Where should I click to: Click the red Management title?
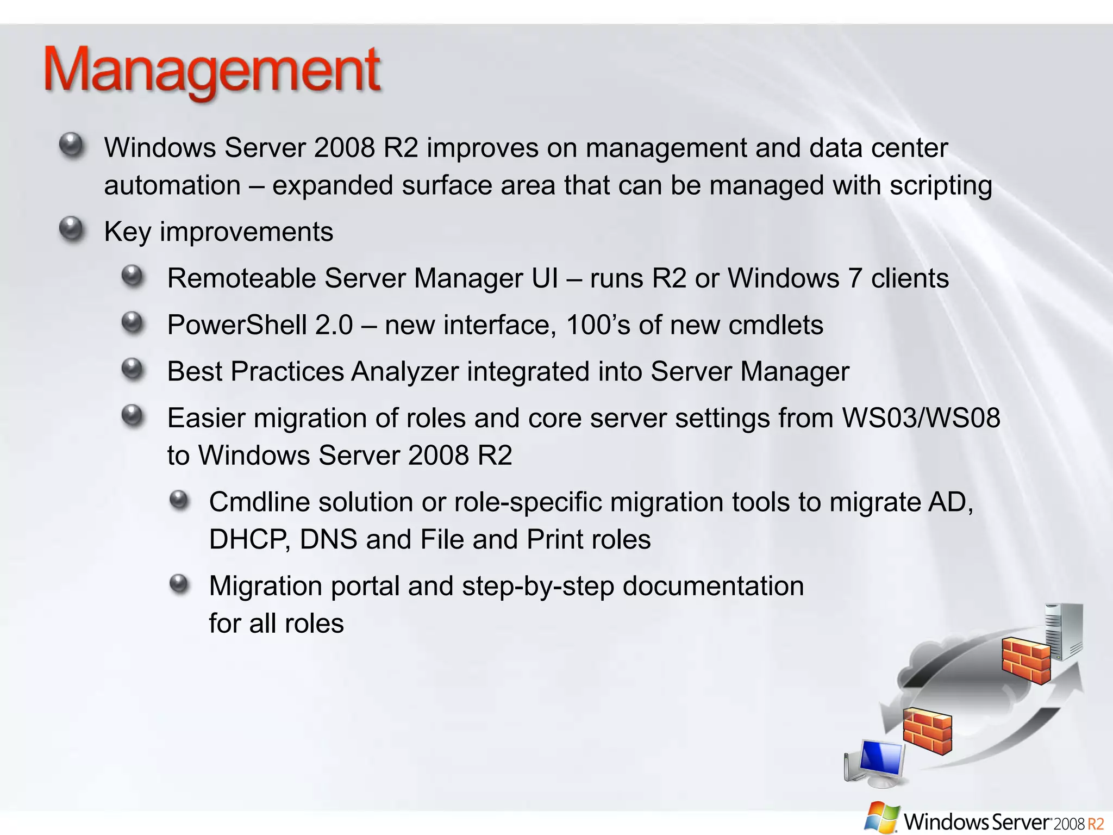pyautogui.click(x=212, y=71)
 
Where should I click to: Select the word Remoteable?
pyautogui.click(x=241, y=278)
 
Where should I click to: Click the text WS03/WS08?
pyautogui.click(x=921, y=418)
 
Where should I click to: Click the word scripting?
pyautogui.click(x=941, y=186)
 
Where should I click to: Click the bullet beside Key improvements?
pyautogui.click(x=71, y=229)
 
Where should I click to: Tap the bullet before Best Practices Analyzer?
pyautogui.click(x=133, y=370)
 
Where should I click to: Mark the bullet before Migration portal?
pyautogui.click(x=179, y=584)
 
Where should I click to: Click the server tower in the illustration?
pyautogui.click(x=1064, y=632)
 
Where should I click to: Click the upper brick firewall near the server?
pyautogui.click(x=1026, y=660)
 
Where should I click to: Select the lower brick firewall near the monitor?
pyautogui.click(x=927, y=731)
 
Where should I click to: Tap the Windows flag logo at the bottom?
pyautogui.click(x=881, y=818)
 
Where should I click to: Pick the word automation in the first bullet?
pyautogui.click(x=172, y=186)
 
